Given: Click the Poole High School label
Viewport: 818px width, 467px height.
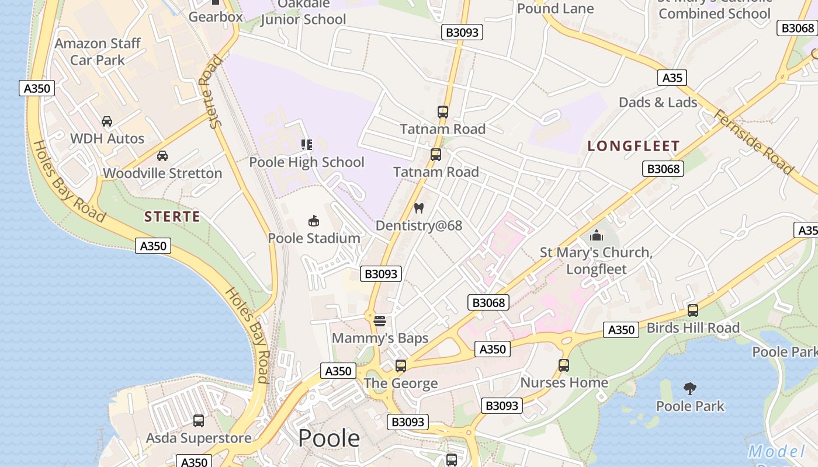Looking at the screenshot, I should (x=307, y=162).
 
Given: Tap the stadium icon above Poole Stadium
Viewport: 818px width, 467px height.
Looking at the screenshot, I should (x=314, y=221).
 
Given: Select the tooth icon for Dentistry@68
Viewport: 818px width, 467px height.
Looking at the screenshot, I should (x=418, y=208).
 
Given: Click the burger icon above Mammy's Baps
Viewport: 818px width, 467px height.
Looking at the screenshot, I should (x=380, y=320).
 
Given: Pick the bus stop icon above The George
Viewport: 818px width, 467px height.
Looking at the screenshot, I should (x=401, y=366).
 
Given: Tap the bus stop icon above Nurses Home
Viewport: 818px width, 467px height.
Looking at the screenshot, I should (x=564, y=365).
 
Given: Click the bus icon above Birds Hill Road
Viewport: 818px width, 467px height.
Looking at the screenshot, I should (x=693, y=311).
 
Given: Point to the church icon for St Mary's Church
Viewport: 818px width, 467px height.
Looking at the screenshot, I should (x=597, y=235).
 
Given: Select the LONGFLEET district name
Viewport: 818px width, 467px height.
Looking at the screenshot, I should (x=634, y=146).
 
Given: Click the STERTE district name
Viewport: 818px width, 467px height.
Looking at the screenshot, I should (x=172, y=217).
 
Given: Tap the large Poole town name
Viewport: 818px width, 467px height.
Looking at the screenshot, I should (x=329, y=438).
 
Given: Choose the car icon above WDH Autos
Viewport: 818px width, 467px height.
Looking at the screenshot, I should (x=107, y=121).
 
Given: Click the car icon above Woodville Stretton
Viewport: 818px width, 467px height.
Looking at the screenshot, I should (x=162, y=156).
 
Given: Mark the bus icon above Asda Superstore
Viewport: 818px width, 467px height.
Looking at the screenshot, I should (x=199, y=420).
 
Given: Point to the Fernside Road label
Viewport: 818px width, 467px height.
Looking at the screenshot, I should (x=754, y=142).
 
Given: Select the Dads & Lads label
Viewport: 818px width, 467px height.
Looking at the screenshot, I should (x=658, y=102).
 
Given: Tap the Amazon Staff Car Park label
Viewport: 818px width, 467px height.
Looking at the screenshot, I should (x=98, y=51).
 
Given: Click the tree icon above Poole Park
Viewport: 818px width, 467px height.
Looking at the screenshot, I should (x=690, y=388).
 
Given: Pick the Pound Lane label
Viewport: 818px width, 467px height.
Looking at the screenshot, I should (x=555, y=8).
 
